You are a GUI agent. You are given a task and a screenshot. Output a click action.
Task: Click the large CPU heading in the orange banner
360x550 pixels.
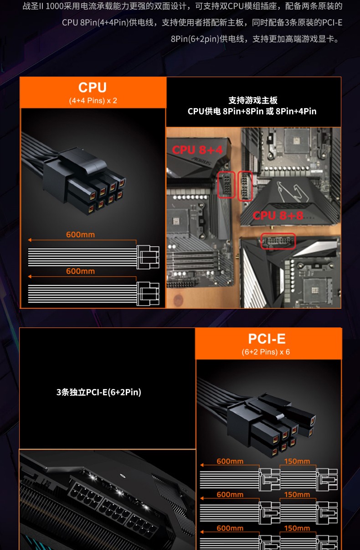click(x=93, y=87)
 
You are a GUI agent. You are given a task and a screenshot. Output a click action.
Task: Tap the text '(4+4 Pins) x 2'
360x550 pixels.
click(x=93, y=101)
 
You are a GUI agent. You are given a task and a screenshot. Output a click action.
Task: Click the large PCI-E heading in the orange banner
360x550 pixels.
click(x=267, y=339)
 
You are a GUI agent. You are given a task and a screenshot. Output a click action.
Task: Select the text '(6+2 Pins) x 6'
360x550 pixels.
click(x=266, y=352)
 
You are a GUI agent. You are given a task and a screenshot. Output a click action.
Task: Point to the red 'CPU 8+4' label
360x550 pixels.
click(x=197, y=150)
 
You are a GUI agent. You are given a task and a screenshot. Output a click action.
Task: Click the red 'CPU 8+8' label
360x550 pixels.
click(x=278, y=216)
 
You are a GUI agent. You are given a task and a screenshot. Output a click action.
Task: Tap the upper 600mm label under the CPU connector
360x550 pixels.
click(x=81, y=235)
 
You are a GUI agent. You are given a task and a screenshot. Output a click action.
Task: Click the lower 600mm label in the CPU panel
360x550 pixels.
click(x=81, y=271)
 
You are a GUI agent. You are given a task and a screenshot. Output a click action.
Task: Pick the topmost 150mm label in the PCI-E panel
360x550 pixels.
click(x=297, y=462)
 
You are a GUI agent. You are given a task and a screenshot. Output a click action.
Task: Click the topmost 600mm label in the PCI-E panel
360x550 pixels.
click(x=230, y=462)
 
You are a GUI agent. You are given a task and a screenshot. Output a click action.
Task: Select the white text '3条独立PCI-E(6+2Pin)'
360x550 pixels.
click(x=98, y=392)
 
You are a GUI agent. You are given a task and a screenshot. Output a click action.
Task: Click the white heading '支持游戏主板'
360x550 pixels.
click(x=253, y=100)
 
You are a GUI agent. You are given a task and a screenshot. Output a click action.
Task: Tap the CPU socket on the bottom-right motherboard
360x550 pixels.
click(x=315, y=290)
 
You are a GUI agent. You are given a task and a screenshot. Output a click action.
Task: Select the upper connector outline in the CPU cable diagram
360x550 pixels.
click(x=148, y=257)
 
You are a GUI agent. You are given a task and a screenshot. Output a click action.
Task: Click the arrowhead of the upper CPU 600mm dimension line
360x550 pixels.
click(x=30, y=240)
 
